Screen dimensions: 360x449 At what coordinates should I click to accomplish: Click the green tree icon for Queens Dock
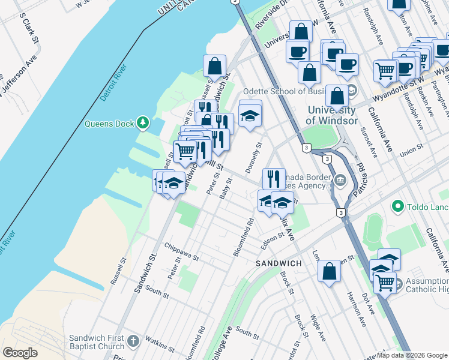coord(143,124)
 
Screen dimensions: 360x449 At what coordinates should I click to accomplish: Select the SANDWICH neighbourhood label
coord(278,263)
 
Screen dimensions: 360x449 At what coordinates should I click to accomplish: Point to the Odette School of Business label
coord(286,91)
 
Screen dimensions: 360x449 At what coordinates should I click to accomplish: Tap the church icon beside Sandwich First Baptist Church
coord(133,341)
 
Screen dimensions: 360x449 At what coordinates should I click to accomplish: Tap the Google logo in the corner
coord(20,353)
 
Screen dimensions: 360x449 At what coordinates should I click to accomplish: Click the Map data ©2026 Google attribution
coord(411,355)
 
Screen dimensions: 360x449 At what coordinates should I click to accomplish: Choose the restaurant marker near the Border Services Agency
coord(273,178)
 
